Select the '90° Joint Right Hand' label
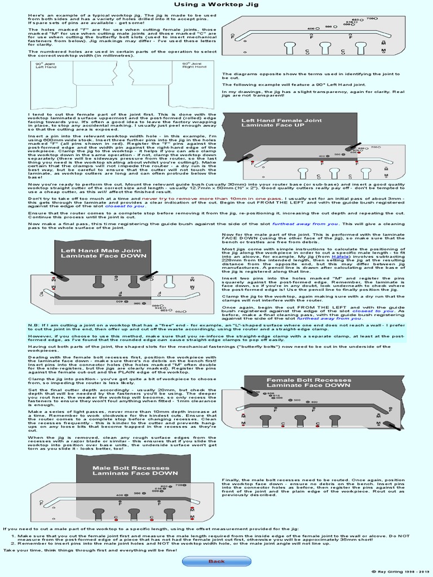click(x=192, y=65)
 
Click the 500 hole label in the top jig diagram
click(x=328, y=26)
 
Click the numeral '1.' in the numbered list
click(x=12, y=536)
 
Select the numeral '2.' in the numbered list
click(x=12, y=544)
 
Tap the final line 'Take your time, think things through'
click(x=90, y=549)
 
